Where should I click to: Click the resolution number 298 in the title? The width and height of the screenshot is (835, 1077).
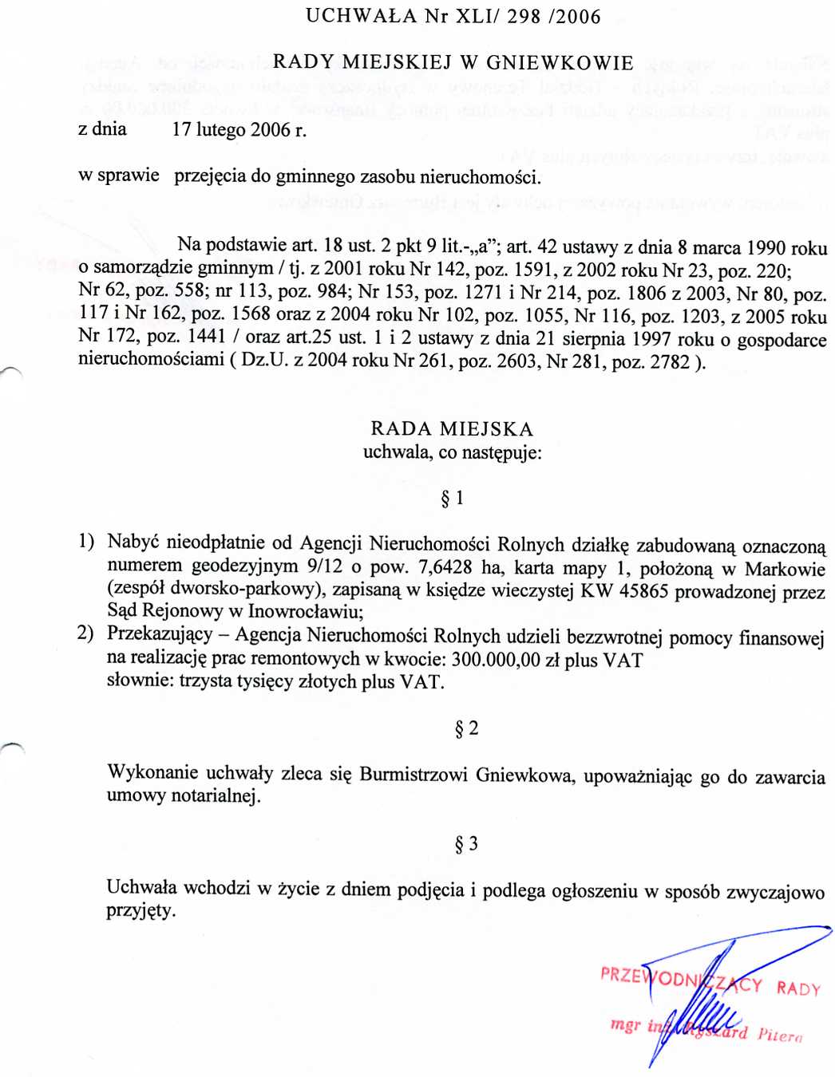pyautogui.click(x=524, y=17)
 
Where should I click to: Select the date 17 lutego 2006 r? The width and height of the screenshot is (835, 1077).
pyautogui.click(x=239, y=130)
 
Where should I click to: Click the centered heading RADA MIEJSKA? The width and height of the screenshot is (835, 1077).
pyautogui.click(x=452, y=429)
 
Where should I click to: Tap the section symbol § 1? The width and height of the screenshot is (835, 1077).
pyautogui.click(x=452, y=499)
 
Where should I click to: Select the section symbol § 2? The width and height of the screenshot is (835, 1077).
pyautogui.click(x=466, y=728)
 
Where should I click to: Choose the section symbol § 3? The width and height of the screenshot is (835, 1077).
pyautogui.click(x=466, y=844)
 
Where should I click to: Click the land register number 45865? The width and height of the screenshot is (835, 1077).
pyautogui.click(x=645, y=591)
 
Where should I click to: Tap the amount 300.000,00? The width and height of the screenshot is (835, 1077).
pyautogui.click(x=496, y=660)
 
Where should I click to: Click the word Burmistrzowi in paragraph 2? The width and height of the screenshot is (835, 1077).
pyautogui.click(x=414, y=775)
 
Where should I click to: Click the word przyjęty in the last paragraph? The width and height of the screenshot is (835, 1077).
pyautogui.click(x=140, y=911)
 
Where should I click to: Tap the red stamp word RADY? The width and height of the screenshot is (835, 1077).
pyautogui.click(x=798, y=988)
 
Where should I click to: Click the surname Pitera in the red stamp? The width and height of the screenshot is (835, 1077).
pyautogui.click(x=780, y=1035)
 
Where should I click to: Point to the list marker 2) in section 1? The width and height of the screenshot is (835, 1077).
pyautogui.click(x=85, y=634)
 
